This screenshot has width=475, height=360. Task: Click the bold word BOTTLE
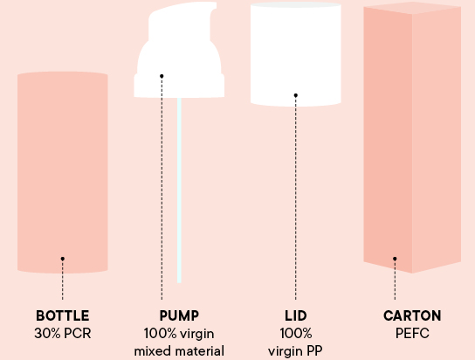pos(62,315)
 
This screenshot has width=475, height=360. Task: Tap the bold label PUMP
pos(179,315)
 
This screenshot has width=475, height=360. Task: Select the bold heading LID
pos(296,315)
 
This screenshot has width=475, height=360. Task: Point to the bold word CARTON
pos(412,315)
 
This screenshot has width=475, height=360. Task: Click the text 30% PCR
pos(62,333)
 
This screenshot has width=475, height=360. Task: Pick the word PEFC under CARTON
pos(412,333)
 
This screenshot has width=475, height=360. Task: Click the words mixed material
pos(179,351)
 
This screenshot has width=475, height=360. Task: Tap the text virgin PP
pos(295,351)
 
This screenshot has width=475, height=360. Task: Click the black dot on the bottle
pos(62,259)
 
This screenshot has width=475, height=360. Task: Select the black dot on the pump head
pos(162,76)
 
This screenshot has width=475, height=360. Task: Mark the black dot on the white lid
pos(296,95)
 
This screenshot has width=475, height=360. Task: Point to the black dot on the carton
pos(395,259)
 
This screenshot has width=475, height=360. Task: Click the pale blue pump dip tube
pos(179,190)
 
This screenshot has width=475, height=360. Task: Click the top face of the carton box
pos(412,8)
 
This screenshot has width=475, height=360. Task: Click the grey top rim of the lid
pos(296,4)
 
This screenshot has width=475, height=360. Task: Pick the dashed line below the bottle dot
pos(62,280)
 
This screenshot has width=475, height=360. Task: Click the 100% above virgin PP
pos(296,333)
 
